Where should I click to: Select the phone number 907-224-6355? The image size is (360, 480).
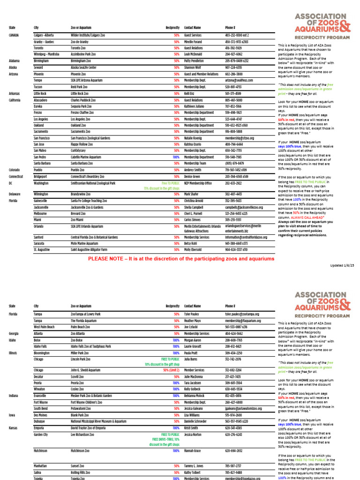coord(233,67)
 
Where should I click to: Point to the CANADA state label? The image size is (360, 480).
coord(15,35)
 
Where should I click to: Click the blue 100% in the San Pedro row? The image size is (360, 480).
coord(176,157)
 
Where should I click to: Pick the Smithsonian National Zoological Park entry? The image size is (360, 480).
coord(93,183)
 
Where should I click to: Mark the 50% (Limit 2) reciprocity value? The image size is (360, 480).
coord(172,370)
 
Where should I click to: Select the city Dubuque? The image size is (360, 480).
coord(40,421)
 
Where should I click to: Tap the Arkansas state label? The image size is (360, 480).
coord(15,93)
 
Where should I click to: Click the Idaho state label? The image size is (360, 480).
coord(12,340)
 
